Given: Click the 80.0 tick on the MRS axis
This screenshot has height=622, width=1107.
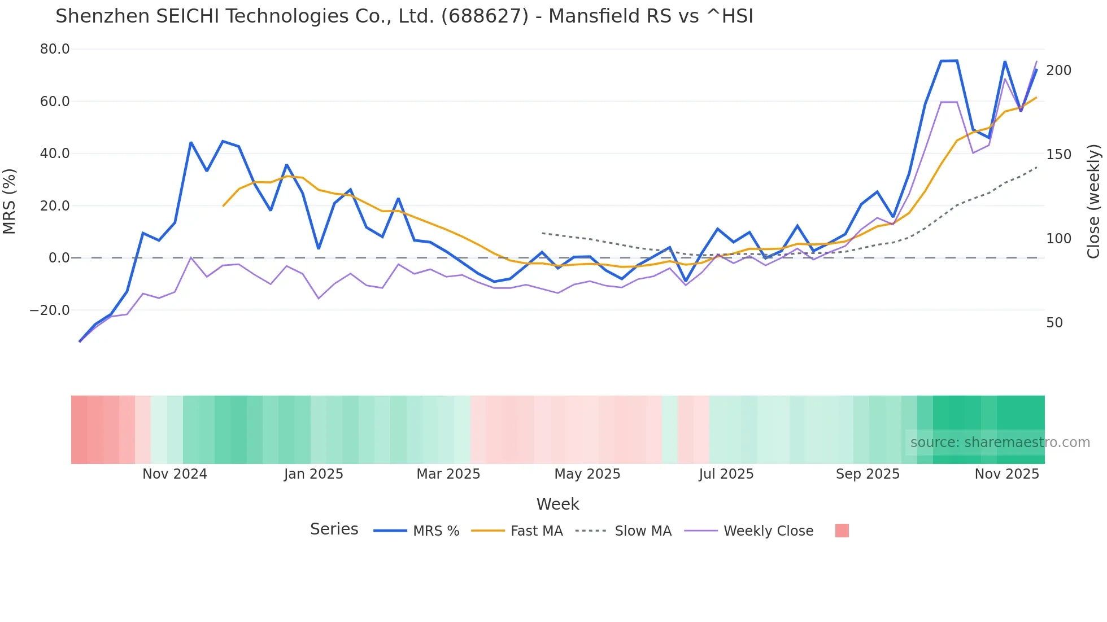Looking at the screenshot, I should [x=54, y=49].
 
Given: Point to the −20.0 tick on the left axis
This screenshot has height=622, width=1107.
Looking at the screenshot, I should [x=50, y=310].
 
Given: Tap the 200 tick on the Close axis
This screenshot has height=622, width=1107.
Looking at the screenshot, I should [x=1058, y=71].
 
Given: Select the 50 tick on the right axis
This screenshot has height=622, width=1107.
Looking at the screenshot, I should [x=1054, y=323].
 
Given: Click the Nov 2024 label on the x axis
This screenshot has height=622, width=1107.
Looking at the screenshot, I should [x=175, y=474].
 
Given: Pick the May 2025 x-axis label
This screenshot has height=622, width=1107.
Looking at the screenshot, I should [x=587, y=474].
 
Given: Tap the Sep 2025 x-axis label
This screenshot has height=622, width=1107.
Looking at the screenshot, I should [x=868, y=474].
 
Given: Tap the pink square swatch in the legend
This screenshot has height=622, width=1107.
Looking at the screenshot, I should [x=842, y=531].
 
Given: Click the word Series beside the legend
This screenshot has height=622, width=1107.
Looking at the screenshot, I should [x=334, y=529].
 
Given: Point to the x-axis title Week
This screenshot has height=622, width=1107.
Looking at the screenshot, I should [x=557, y=504].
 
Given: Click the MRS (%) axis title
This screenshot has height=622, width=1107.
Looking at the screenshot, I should [x=10, y=201].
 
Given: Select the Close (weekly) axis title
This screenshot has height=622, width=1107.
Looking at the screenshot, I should [x=1093, y=201].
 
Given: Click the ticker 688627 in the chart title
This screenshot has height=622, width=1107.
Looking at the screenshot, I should [x=485, y=16].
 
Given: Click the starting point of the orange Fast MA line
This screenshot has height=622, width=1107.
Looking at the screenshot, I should [x=223, y=206].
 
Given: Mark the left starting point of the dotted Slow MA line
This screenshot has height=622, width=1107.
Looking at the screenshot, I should [x=542, y=233].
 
